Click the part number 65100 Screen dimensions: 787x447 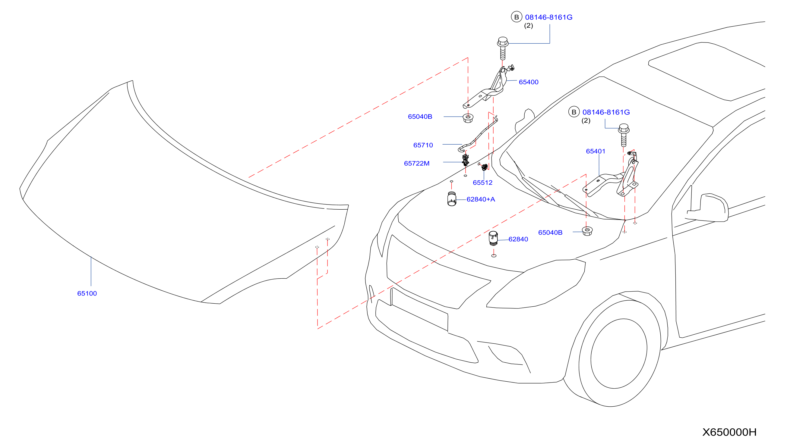click(x=87, y=293)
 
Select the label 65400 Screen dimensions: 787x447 click(x=529, y=82)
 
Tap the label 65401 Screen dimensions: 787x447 click(x=596, y=151)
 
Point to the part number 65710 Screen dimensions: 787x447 click(x=423, y=145)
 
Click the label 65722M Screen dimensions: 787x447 click(x=417, y=163)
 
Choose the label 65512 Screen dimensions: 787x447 click(x=482, y=183)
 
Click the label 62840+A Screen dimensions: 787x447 click(x=481, y=199)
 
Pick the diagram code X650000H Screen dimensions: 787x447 click(x=729, y=432)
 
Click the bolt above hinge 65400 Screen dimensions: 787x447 click(x=503, y=48)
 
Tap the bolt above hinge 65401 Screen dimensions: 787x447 click(x=624, y=135)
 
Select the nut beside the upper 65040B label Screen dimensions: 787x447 click(x=468, y=118)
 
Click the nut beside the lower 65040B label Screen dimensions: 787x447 click(x=587, y=231)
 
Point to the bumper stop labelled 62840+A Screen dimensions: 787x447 click(x=452, y=199)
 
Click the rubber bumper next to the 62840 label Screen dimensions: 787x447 click(x=493, y=238)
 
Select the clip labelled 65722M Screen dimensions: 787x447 click(x=466, y=160)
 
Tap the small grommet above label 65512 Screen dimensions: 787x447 click(x=484, y=167)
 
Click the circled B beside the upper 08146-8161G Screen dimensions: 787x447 click(x=516, y=17)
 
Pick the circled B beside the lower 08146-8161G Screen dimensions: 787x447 click(x=574, y=112)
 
